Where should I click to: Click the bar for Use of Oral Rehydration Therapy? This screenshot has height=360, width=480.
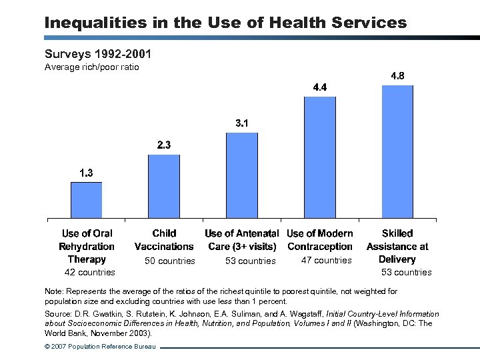(86, 200)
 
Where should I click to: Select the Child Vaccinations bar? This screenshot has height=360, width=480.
(164, 186)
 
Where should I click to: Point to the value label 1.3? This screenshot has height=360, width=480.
(86, 173)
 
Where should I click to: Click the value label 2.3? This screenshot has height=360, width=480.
(164, 145)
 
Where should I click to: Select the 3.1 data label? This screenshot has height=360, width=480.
(243, 123)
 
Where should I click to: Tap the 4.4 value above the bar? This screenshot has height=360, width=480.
(320, 87)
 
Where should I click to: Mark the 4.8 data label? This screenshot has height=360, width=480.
(397, 76)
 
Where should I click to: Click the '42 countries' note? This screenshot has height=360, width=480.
(89, 272)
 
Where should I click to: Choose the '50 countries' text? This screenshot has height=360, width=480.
(170, 261)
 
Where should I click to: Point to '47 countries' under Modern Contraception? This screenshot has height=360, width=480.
(326, 260)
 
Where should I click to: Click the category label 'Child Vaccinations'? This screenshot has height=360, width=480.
(164, 240)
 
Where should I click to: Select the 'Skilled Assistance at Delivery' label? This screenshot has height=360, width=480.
(397, 246)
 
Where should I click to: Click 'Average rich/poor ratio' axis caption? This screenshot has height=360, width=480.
(91, 67)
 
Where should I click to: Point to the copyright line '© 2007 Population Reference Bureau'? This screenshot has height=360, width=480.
(100, 347)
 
